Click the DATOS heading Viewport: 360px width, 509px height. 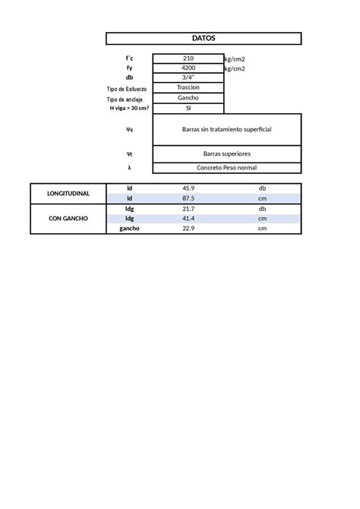point(204,38)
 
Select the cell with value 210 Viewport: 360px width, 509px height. point(188,58)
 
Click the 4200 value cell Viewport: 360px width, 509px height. point(188,68)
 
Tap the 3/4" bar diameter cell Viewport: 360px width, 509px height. point(188,77)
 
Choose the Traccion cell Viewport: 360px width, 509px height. point(188,88)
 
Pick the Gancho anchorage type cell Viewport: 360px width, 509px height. point(188,98)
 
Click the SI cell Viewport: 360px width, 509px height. point(188,109)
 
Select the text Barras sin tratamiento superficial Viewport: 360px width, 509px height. point(226,129)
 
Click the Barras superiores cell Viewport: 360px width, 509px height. point(226,153)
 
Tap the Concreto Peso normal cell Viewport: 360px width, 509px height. point(226,167)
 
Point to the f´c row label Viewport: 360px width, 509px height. point(129,58)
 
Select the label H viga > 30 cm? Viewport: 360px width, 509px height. point(129,109)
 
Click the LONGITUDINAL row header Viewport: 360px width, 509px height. point(68,193)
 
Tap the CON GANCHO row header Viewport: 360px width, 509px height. point(68,218)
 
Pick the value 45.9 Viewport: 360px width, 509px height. point(188,188)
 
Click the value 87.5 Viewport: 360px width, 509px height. point(188,198)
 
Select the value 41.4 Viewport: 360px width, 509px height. point(188,218)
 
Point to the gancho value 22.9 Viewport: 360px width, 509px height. point(188,228)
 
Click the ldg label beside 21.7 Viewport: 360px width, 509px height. point(129,208)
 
